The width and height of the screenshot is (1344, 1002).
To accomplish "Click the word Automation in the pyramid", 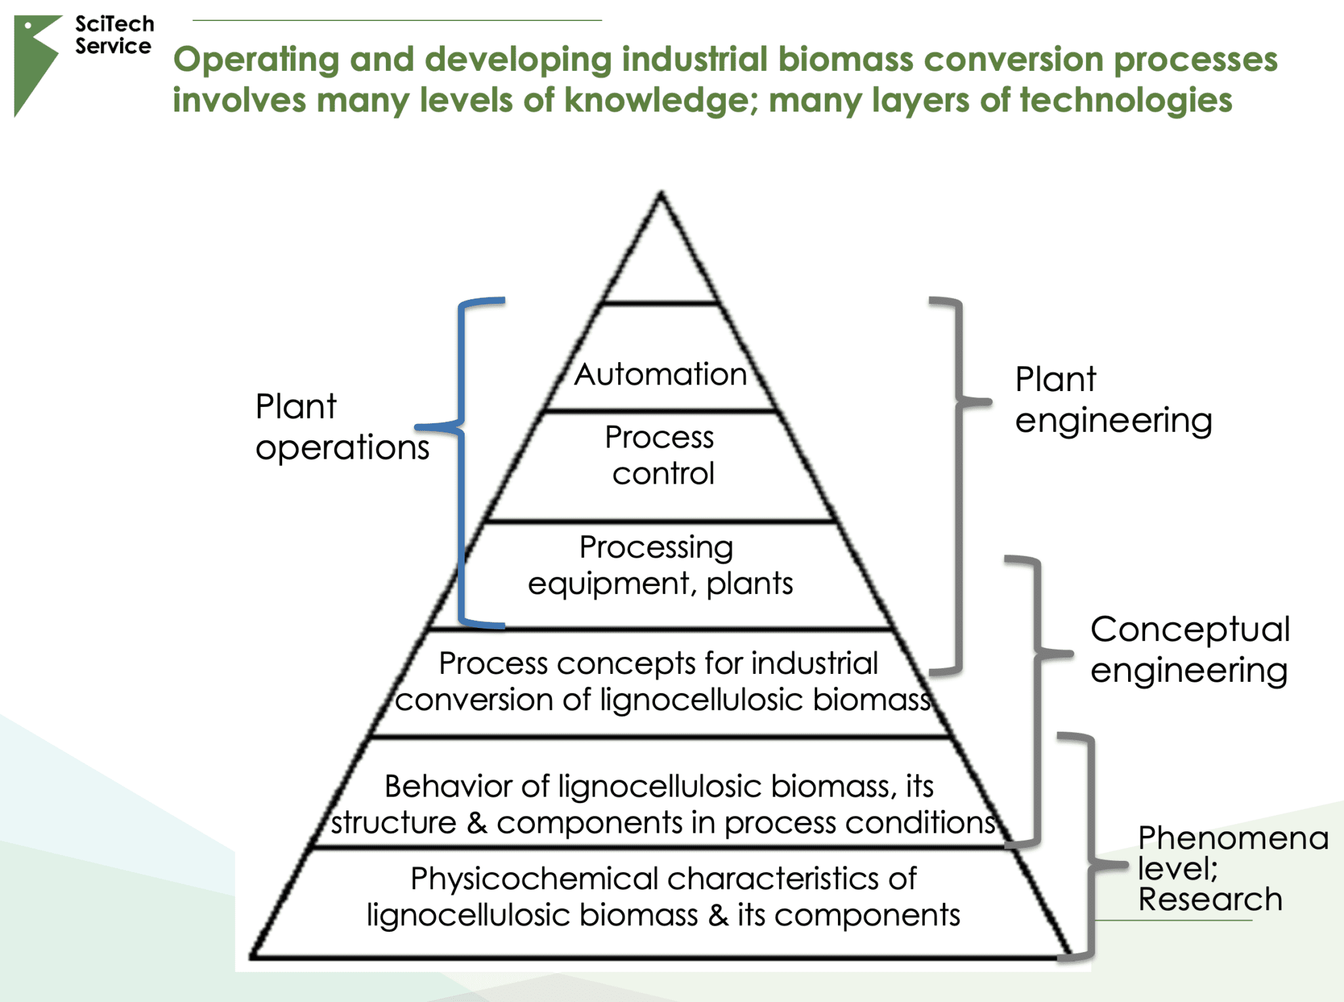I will point(660,375).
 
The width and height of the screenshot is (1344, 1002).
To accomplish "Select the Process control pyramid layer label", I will point(660,455).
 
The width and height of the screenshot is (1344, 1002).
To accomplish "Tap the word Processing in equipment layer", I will point(656,547).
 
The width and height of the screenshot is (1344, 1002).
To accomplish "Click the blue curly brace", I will point(461,459).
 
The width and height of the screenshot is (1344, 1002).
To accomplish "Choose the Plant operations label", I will point(341,427).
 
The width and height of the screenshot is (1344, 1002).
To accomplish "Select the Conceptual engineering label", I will point(1189,649).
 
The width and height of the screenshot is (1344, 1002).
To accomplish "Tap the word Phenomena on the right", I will point(1232,838).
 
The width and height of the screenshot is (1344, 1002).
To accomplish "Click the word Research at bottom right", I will point(1209,899).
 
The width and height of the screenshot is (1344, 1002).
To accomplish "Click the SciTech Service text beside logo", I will point(114,35).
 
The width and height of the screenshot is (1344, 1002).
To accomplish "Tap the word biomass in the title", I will point(847,59).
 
